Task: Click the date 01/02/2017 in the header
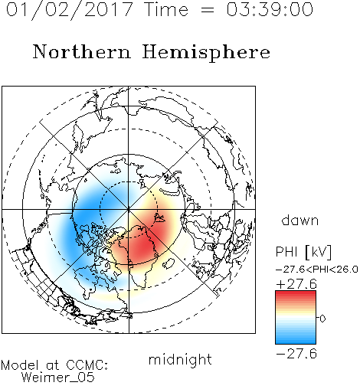69,10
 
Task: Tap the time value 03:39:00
270,9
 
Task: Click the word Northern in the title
82,51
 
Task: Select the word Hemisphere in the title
206,52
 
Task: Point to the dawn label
300,220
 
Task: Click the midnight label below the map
180,359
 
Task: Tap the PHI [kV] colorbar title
303,252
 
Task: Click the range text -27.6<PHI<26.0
317,269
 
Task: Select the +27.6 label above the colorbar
296,284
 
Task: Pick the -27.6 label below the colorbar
296,354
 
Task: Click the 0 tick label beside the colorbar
322,319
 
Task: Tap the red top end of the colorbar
296,293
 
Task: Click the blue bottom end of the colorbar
296,342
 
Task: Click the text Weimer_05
58,377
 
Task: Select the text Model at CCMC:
54,365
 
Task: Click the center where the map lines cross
129,210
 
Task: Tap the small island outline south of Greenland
169,263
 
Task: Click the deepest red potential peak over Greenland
143,247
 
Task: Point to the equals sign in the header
207,10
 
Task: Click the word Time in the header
166,9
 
